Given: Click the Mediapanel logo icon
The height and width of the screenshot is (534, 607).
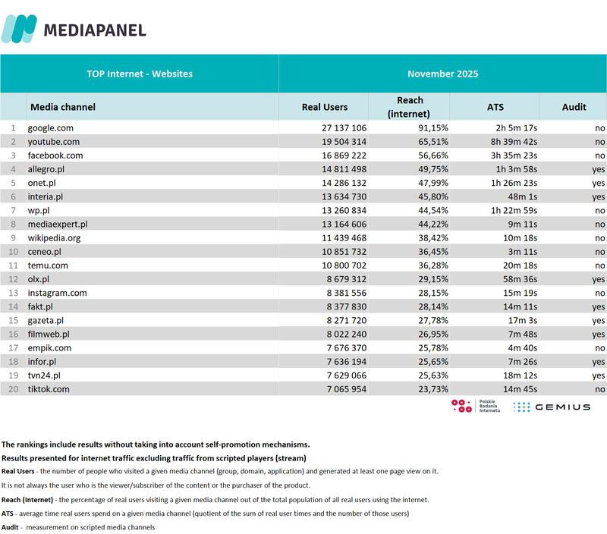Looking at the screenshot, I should (x=19, y=29).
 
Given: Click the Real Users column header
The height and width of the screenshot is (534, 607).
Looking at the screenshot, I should (x=324, y=107).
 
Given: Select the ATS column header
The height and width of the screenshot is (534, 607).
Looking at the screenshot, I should (x=495, y=107).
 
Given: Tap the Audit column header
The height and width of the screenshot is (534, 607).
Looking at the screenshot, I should (x=574, y=107).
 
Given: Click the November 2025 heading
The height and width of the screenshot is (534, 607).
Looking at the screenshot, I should (x=442, y=74).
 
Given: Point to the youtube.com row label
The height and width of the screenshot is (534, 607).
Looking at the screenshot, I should (x=54, y=142).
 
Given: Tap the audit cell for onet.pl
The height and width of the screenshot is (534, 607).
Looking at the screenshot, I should (x=598, y=183).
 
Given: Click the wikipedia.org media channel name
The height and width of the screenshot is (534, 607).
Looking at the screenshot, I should (x=55, y=237).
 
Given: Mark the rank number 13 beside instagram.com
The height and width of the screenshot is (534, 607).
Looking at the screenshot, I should (x=11, y=293).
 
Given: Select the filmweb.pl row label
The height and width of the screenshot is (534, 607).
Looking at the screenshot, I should (x=49, y=334).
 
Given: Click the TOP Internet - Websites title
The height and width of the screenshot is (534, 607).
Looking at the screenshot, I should (x=140, y=74).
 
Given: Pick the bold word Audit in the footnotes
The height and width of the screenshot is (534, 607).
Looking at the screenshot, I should (x=11, y=527).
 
